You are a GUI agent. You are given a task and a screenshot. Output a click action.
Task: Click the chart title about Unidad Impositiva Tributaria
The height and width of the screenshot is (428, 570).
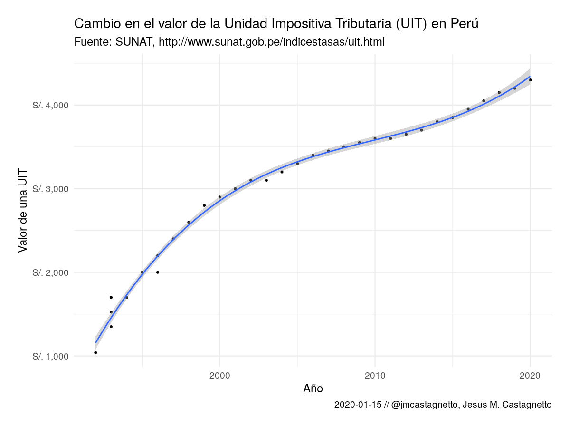(275, 24)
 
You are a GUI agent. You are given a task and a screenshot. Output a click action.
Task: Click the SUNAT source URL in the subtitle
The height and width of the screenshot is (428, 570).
(271, 42)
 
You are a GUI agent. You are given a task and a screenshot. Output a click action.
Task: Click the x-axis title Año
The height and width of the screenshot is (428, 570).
(313, 389)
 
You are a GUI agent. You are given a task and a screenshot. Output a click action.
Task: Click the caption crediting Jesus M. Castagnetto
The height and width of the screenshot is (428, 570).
(443, 405)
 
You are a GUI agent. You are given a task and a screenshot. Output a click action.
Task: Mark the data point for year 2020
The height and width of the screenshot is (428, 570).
(530, 80)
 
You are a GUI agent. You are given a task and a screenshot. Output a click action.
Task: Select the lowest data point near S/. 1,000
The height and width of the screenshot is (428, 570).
(95, 353)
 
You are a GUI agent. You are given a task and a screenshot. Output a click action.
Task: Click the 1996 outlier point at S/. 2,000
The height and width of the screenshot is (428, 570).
(158, 272)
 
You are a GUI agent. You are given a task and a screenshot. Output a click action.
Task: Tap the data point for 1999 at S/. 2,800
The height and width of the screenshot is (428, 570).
(204, 205)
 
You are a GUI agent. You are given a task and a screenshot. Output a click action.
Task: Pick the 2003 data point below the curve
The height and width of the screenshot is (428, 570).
(266, 180)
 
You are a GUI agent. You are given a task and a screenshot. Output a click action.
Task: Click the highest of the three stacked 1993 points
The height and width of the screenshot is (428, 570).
(111, 297)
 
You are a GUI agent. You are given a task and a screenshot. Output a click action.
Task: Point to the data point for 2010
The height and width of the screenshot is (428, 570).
(375, 138)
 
